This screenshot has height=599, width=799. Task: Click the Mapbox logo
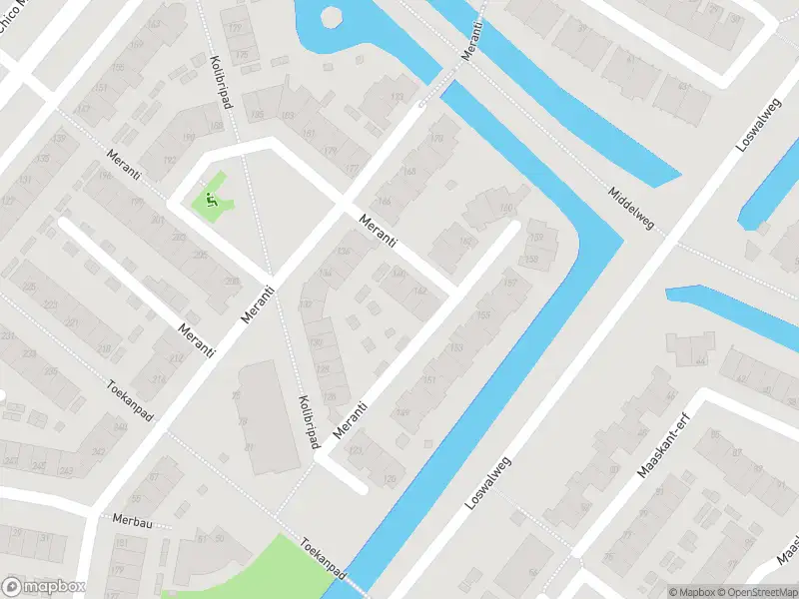(44, 587)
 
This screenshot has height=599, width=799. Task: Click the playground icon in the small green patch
(212, 199)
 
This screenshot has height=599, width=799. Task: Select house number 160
(505, 208)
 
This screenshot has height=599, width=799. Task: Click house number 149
(403, 412)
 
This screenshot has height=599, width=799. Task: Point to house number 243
(68, 471)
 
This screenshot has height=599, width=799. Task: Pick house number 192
(170, 160)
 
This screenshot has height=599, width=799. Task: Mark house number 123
(356, 452)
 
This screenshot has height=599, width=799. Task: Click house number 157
(511, 283)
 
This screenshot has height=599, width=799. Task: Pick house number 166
(385, 203)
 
